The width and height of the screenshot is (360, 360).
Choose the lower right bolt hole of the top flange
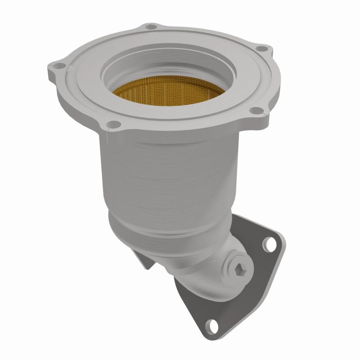pyautogui.click(x=255, y=110)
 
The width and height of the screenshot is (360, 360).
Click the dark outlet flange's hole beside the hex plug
pyautogui.click(x=270, y=244)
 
